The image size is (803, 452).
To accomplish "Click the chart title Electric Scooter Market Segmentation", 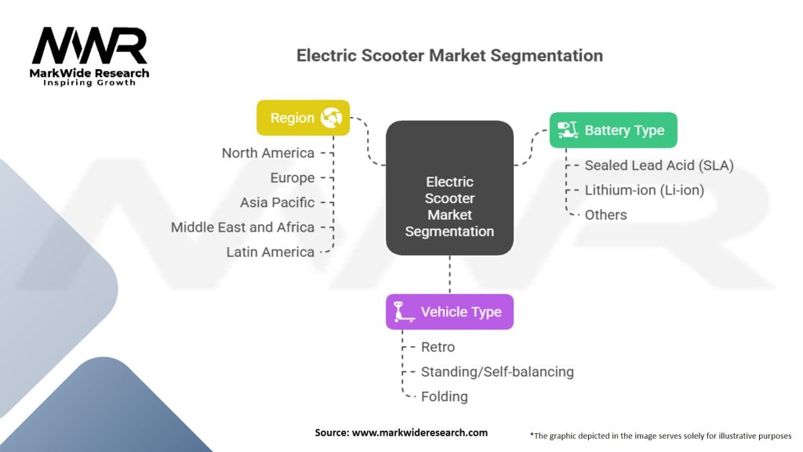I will point(449,56).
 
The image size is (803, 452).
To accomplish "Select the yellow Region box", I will point(303,118).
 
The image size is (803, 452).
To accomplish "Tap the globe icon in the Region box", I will point(331,118).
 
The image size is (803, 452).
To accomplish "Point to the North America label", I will point(268,153).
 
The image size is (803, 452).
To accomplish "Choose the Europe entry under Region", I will point(292,177).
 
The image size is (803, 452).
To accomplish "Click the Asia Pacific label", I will point(277,202).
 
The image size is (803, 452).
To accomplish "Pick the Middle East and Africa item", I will point(242,228).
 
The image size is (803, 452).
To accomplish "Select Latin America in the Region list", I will point(270,252).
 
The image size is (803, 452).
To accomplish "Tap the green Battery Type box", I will point(612,130).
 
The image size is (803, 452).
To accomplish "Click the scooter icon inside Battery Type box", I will point(568,130).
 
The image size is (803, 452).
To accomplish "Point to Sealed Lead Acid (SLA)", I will point(659,166).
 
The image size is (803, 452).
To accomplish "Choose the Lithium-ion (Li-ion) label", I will point(644,190).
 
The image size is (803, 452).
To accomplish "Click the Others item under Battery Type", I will point(605,214).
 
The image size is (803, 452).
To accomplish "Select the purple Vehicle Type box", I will point(449,312).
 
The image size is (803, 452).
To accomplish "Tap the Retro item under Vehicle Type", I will point(438,347).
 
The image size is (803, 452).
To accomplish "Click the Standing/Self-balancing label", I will point(497,371).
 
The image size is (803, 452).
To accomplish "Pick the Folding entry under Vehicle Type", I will point(444,396).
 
